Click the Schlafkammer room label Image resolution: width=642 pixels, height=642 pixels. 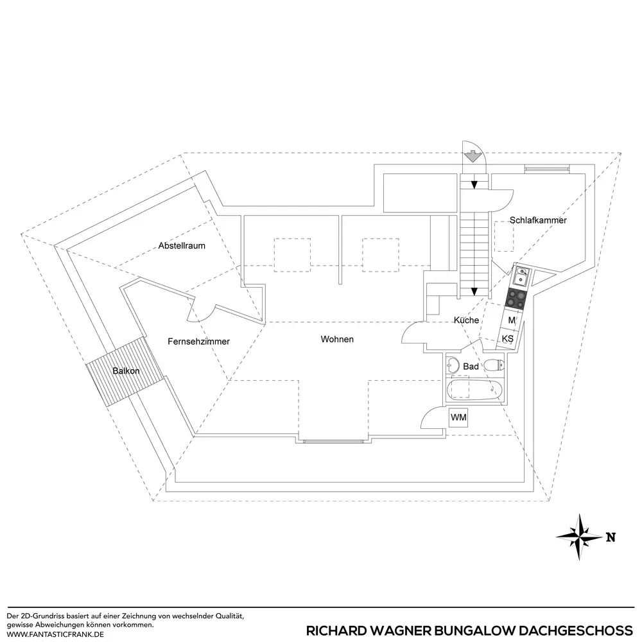538,220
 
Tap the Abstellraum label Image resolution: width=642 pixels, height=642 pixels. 182,245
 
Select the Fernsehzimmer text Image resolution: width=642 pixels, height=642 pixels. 198,342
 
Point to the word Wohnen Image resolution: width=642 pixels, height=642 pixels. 337,339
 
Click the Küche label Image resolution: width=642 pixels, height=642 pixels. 466,320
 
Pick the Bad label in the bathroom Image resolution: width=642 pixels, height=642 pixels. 471,366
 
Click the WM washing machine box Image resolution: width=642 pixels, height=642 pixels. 458,418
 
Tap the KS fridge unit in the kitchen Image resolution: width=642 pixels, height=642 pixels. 507,338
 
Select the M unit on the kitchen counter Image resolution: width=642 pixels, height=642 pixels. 512,320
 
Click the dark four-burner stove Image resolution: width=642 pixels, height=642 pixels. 516,297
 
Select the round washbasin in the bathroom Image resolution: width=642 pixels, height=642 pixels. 452,362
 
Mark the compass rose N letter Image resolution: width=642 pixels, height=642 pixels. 611,537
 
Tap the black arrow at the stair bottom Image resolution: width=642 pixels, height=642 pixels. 474,291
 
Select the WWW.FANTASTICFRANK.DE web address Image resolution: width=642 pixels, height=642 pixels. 55,634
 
